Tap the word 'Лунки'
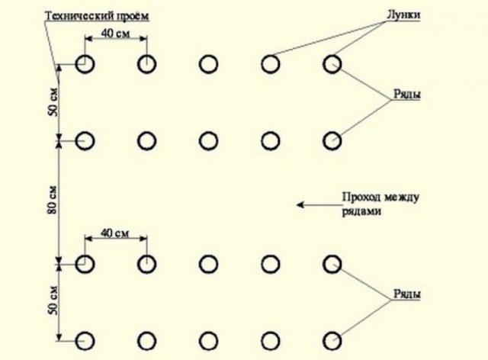pos(403,15)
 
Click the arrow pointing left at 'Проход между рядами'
pos(312,204)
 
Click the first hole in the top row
pos(85,65)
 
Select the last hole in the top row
pos(332,65)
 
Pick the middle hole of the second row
pos(208,141)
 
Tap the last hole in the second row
pos(332,141)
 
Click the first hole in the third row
pos(85,264)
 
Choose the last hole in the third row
pos(332,264)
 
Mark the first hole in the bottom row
pos(85,339)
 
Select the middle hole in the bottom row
pos(208,339)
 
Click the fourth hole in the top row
pos(269,65)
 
